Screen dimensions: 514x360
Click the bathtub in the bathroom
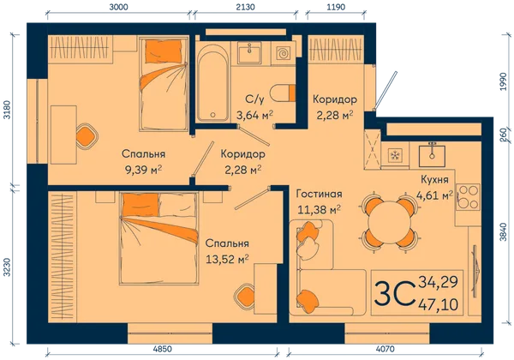212,82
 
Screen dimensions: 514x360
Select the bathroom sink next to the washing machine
249,53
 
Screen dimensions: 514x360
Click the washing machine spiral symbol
283,53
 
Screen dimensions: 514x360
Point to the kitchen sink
432,155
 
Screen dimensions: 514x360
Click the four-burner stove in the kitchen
468,197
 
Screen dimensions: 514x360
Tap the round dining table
390,223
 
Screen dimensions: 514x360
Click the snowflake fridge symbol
395,155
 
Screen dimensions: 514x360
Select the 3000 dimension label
118,7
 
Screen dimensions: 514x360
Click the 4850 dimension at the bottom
162,349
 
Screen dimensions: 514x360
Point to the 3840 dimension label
504,232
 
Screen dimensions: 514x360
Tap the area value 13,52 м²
227,260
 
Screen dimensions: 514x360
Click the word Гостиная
319,194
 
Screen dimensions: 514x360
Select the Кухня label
434,180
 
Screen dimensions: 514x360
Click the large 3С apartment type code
393,292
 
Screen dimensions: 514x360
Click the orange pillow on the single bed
164,51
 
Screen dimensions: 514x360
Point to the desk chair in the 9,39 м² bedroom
87,135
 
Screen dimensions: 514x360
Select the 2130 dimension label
245,7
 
